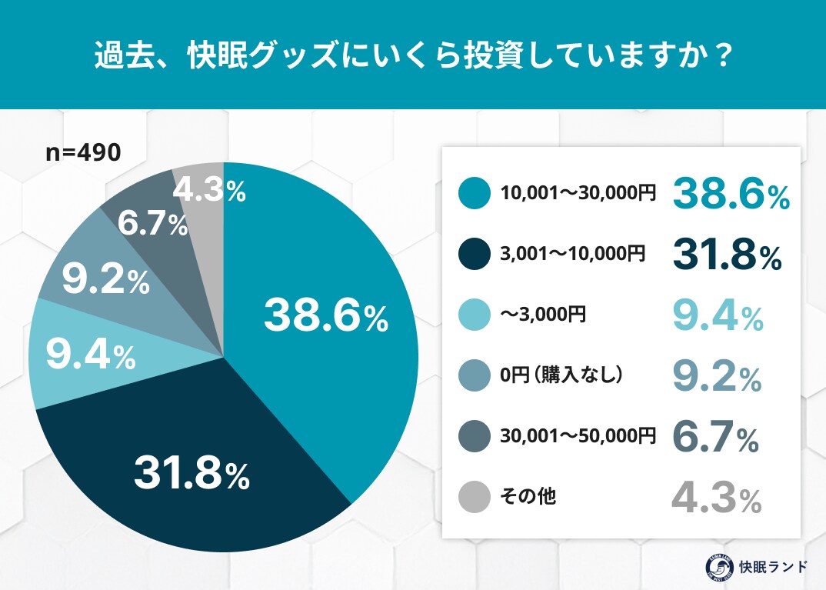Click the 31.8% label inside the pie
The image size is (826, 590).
pos(192,474)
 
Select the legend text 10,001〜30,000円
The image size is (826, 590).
pos(578,194)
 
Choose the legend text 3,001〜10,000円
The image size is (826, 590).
pos(572,254)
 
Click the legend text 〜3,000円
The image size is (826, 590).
pos(538,315)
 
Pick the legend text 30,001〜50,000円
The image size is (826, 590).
pos(578,436)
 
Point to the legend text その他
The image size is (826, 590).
pos(528,497)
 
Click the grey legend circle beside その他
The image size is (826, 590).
pos(474,497)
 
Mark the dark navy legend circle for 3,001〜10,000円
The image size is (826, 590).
pos(474,254)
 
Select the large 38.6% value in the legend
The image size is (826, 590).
pos(731,195)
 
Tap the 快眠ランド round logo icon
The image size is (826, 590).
pos(719,567)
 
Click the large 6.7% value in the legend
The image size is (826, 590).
pos(716,437)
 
